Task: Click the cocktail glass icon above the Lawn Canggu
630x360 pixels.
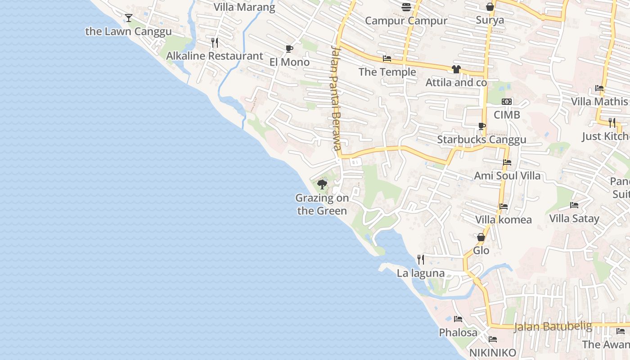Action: click(x=129, y=18)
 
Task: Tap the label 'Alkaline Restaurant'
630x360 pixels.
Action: click(x=215, y=56)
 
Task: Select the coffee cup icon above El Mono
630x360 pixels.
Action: click(x=289, y=49)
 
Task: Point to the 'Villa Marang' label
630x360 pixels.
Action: click(x=244, y=7)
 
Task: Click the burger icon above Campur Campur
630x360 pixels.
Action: click(x=406, y=7)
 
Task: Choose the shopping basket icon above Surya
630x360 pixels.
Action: click(x=490, y=7)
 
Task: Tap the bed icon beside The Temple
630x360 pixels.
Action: click(x=387, y=58)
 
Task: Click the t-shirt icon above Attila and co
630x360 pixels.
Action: click(x=456, y=69)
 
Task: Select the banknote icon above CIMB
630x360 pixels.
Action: click(x=507, y=102)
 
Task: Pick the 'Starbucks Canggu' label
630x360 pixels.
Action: click(x=481, y=139)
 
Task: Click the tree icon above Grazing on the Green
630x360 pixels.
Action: click(x=322, y=184)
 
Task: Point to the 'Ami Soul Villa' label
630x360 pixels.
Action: click(x=507, y=175)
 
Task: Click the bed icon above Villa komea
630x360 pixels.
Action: click(x=504, y=207)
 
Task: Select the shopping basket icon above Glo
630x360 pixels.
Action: click(x=481, y=237)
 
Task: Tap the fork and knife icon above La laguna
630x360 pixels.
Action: click(x=421, y=260)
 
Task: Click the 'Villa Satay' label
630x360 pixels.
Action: click(x=574, y=219)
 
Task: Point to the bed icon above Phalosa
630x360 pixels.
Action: click(x=458, y=319)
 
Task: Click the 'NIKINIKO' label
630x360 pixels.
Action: click(x=493, y=353)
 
